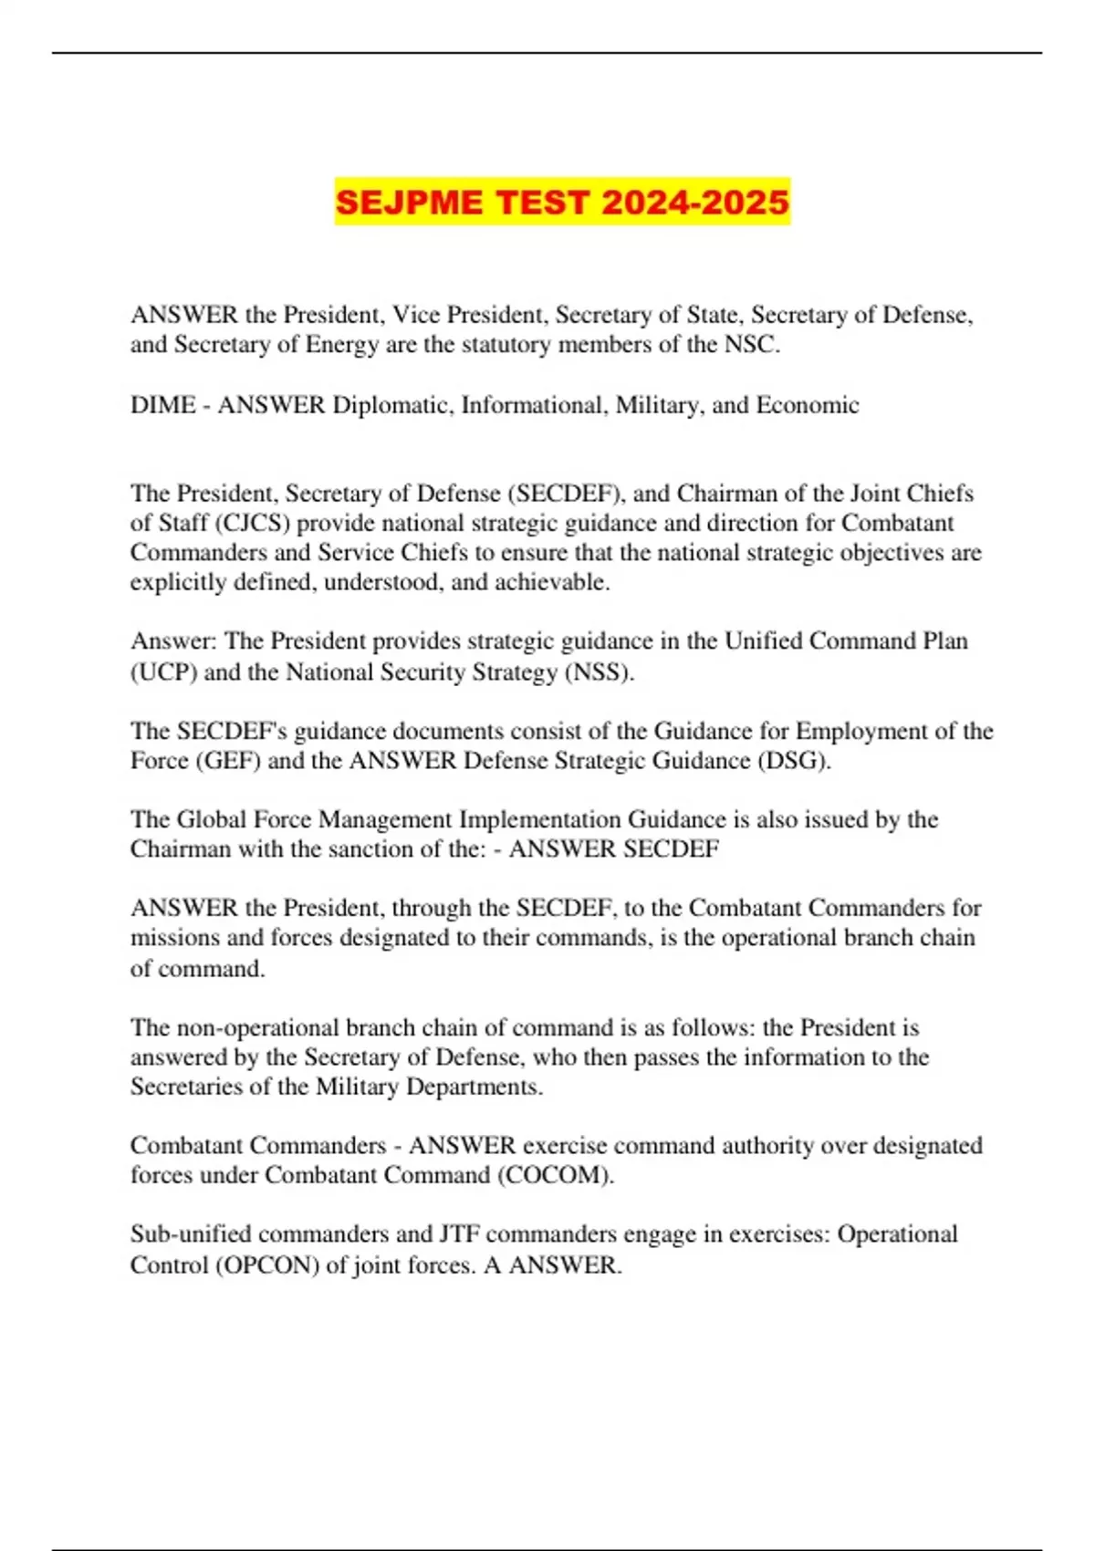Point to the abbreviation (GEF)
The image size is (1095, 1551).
[228, 761]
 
